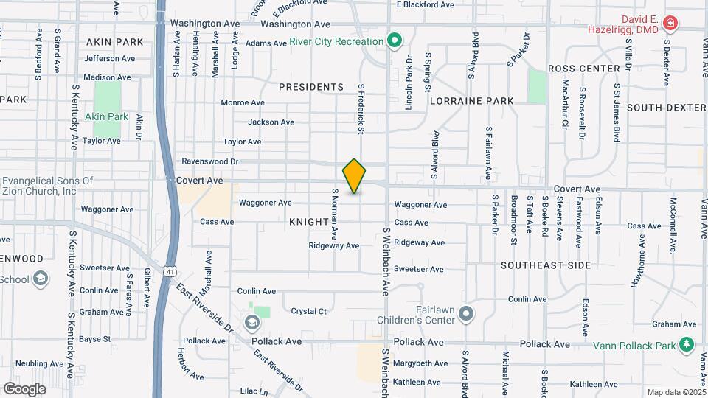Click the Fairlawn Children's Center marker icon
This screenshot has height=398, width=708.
point(465,315)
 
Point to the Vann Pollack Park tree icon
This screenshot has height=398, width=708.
point(687,344)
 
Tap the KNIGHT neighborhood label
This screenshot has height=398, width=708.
point(308,221)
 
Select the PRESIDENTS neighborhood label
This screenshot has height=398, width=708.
point(311,87)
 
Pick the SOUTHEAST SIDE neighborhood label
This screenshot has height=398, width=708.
point(545,265)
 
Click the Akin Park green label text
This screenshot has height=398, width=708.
point(107,116)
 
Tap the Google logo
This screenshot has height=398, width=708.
point(24,389)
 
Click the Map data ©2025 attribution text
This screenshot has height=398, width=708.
point(675,392)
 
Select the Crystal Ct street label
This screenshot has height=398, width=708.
point(308,311)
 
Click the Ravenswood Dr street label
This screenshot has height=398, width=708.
point(210,161)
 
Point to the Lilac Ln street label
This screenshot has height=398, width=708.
point(254,391)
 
